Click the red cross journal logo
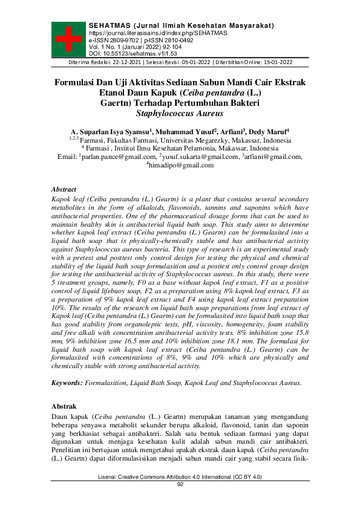pos(68,39)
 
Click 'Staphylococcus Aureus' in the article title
pos(180,113)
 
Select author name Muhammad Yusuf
pos(180,131)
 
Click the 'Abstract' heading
pos(64,189)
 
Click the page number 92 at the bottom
pos(180,484)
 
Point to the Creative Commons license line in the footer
pos(180,478)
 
